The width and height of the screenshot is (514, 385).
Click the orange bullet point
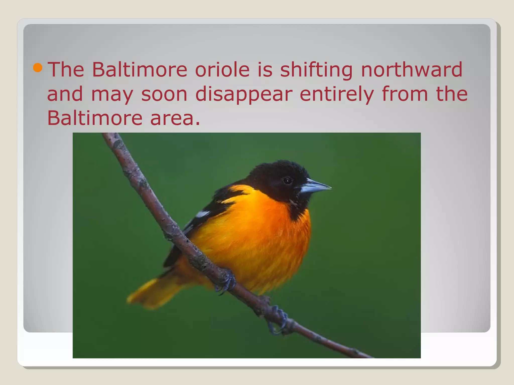tap(38, 68)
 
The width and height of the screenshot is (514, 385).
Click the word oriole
tap(222, 69)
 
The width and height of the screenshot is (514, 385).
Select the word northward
tap(412, 69)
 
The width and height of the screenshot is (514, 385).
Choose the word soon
tap(164, 94)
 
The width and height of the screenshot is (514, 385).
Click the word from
tap(405, 94)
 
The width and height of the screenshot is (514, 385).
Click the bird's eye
tap(287, 180)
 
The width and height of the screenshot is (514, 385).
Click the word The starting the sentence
tap(66, 69)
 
